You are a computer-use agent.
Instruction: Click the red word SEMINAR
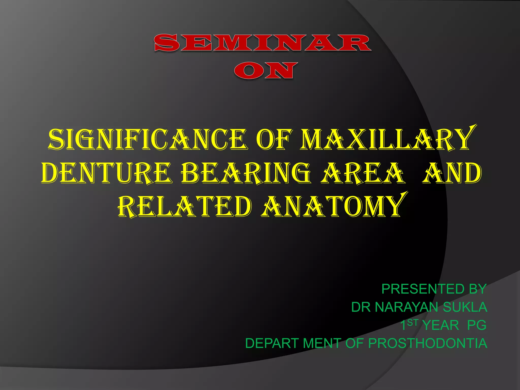pos(263,43)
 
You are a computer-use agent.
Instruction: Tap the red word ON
pos(264,70)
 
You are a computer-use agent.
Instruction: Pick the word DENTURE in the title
pos(107,173)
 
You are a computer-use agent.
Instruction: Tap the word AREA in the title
pos(362,173)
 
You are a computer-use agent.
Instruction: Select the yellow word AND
pos(452,173)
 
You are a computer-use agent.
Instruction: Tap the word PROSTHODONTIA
pos(428,343)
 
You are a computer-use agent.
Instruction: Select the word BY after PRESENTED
pos(478,289)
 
